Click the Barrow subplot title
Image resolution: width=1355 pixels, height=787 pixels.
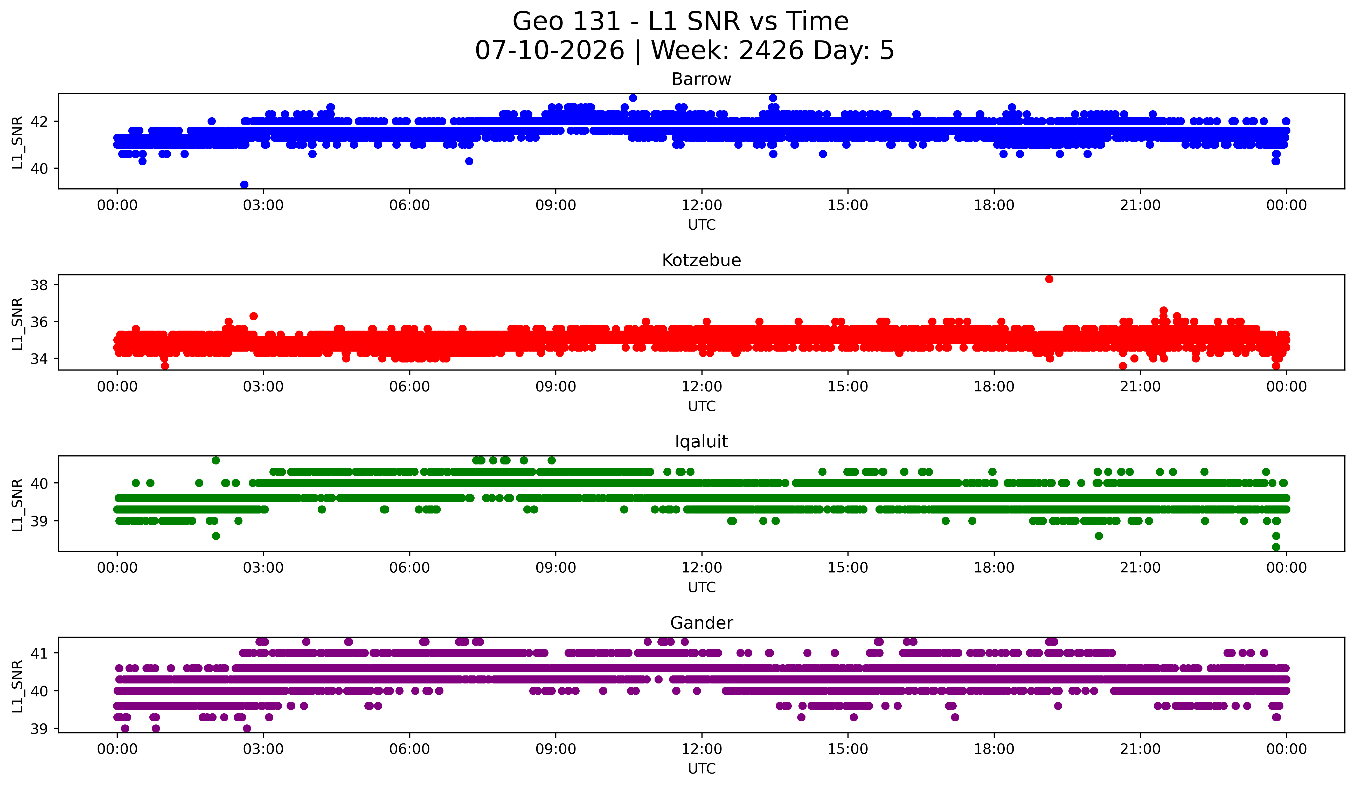point(701,79)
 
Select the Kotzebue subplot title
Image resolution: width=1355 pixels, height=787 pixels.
point(701,260)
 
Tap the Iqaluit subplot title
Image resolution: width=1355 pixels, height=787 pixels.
point(701,442)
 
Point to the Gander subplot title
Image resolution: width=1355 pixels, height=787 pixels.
point(701,623)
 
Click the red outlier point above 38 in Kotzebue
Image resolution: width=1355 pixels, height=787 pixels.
point(1049,279)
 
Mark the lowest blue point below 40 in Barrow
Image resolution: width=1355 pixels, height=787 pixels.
point(244,184)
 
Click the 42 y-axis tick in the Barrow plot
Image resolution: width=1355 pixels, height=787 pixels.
point(39,122)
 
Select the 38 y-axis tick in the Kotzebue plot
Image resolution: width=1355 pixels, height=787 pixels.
point(39,285)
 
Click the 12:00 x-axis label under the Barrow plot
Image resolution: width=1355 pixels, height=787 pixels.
point(702,205)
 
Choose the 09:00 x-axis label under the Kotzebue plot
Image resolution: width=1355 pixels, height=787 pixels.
point(555,386)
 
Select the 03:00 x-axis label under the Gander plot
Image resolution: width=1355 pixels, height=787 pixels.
point(263,749)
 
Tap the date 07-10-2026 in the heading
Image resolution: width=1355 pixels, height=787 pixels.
point(550,51)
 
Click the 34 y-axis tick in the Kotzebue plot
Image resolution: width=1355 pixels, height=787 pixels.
point(39,359)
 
